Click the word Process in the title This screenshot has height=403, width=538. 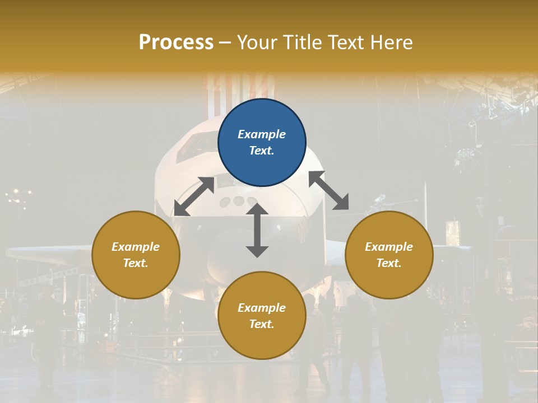tap(176, 42)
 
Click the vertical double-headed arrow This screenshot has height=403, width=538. tap(257, 230)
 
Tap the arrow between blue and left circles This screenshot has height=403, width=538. tap(194, 196)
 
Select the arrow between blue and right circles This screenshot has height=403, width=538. tap(329, 190)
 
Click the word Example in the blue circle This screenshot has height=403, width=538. tap(262, 134)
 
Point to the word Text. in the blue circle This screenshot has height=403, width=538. tap(262, 151)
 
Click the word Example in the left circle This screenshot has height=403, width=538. tap(136, 247)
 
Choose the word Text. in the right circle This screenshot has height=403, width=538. tap(389, 263)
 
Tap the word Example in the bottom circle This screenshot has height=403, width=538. tap(262, 308)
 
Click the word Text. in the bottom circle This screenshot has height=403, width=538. tap(262, 324)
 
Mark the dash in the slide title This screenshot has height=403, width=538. tap(225, 43)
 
